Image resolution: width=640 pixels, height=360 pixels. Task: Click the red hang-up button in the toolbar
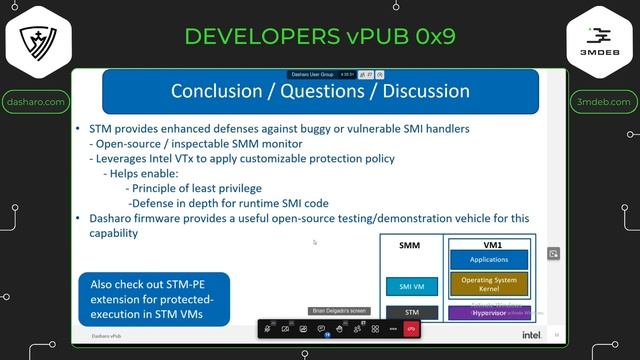click(411, 329)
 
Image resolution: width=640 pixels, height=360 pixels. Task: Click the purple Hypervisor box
click(491, 312)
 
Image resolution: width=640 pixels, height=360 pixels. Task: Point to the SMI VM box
click(412, 287)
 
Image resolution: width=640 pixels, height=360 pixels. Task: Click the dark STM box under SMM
click(412, 312)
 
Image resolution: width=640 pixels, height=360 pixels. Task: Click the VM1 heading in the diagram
click(491, 244)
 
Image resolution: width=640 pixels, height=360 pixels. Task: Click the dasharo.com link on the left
click(36, 102)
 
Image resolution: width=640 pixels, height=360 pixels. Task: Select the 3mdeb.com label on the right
click(604, 102)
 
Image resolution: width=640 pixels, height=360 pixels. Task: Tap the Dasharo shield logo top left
click(36, 41)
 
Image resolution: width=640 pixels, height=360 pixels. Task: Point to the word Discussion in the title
click(420, 91)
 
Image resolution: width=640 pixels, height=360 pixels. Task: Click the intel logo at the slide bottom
click(531, 335)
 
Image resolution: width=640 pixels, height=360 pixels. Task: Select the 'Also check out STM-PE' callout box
click(154, 298)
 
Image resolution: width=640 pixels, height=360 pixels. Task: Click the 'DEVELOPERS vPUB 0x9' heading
click(320, 36)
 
